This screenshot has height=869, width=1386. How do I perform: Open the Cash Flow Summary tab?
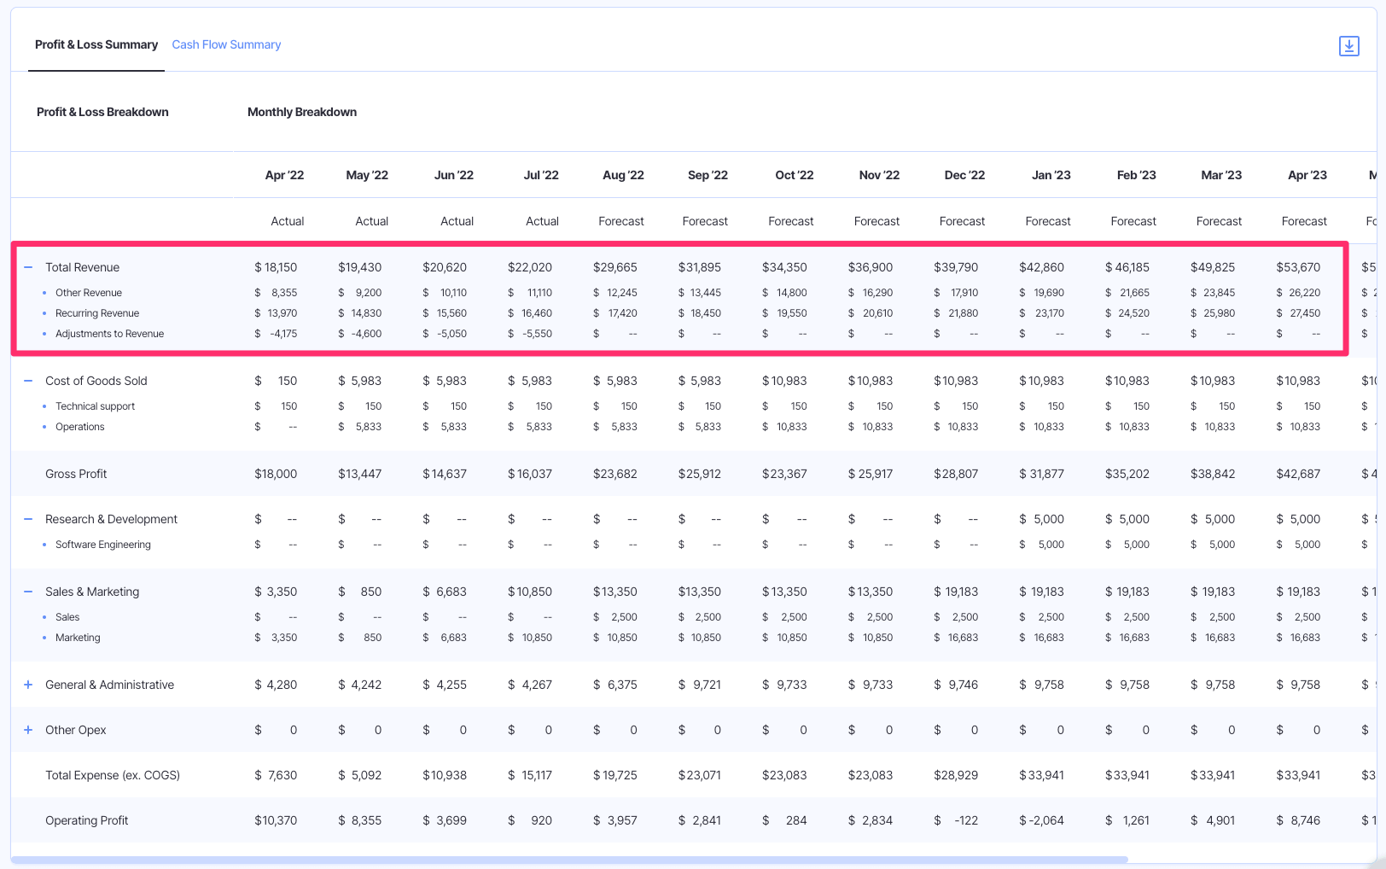click(226, 44)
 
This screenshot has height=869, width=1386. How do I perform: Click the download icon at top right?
click(1348, 46)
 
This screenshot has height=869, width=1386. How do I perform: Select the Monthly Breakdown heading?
click(302, 112)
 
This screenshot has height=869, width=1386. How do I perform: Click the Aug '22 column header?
click(623, 175)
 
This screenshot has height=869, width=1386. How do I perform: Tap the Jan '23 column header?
click(1051, 175)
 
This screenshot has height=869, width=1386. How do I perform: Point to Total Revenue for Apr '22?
click(276, 267)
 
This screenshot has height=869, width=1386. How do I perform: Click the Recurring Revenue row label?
click(97, 313)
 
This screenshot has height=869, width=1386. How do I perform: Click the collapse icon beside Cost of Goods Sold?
click(28, 381)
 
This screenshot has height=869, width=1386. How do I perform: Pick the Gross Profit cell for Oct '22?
click(784, 474)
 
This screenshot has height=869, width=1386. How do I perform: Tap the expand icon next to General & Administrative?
click(28, 685)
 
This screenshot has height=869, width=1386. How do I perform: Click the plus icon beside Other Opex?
click(28, 730)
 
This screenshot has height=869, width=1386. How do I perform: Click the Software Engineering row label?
click(103, 545)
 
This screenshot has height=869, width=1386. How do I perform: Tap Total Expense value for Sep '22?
click(700, 775)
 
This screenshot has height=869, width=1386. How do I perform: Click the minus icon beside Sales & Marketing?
click(28, 592)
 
